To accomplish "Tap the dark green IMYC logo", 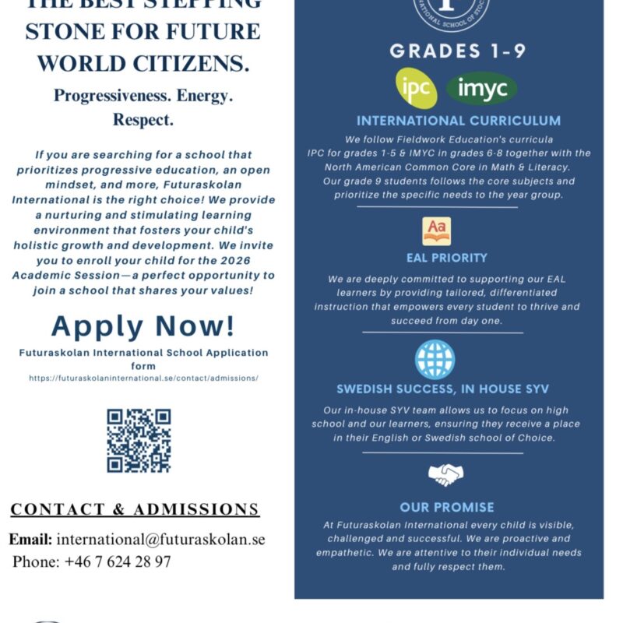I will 482,89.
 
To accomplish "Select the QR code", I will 139,441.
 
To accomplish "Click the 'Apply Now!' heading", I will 143,326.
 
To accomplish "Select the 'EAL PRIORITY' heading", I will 447,258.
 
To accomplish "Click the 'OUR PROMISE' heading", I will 447,507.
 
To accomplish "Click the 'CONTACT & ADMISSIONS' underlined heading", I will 135,510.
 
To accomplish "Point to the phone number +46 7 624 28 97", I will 118,561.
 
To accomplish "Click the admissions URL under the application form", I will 143,378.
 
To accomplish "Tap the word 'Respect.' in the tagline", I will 143,120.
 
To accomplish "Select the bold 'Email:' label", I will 30,539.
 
